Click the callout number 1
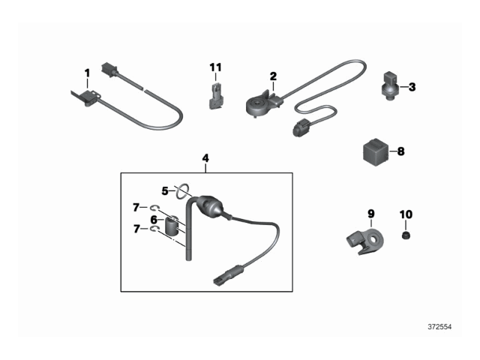tap(87, 73)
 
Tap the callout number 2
tap(273, 76)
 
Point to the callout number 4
tap(205, 158)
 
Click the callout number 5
tap(166, 190)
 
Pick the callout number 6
tap(154, 220)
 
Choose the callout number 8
tap(400, 151)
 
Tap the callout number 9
tap(370, 214)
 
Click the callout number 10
tap(406, 214)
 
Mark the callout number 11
tap(215, 67)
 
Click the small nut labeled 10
tap(406, 235)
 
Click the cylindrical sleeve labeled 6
tap(172, 225)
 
